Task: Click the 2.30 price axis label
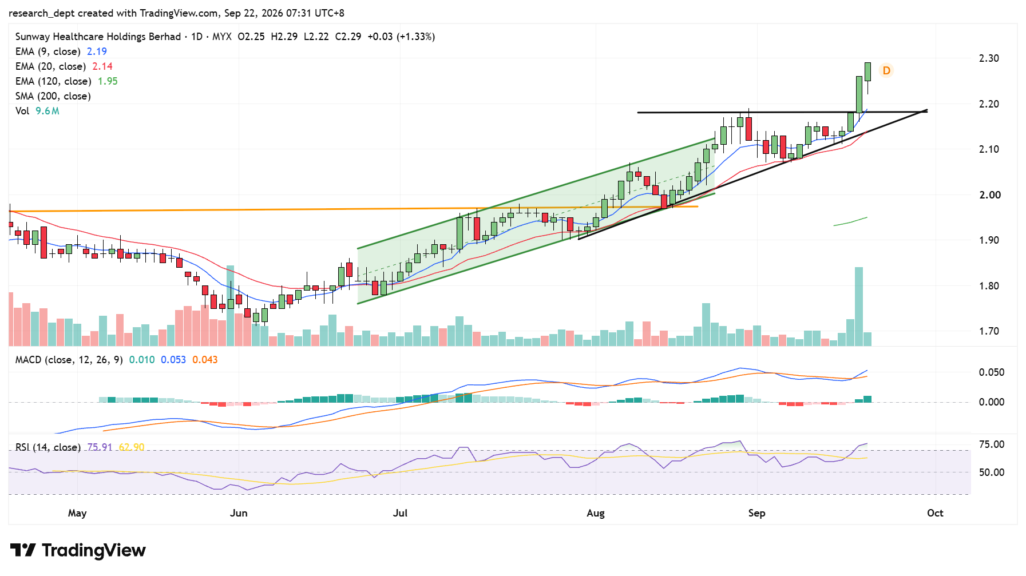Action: pyautogui.click(x=989, y=58)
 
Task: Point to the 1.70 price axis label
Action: pyautogui.click(x=989, y=331)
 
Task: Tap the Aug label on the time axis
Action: pyautogui.click(x=596, y=513)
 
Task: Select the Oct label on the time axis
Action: pyautogui.click(x=935, y=513)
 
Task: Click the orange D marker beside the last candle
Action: pyautogui.click(x=886, y=70)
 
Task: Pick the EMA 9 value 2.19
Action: pyautogui.click(x=97, y=51)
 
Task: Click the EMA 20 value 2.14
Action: pyautogui.click(x=102, y=66)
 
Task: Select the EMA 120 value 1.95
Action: pyautogui.click(x=108, y=81)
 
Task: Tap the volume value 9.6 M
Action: pyautogui.click(x=47, y=111)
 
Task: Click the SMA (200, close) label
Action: pyautogui.click(x=53, y=96)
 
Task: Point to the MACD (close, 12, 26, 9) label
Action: pyautogui.click(x=69, y=360)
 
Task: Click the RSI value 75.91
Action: pyautogui.click(x=100, y=447)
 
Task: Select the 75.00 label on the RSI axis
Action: pyautogui.click(x=992, y=444)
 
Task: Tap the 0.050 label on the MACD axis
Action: pyautogui.click(x=992, y=372)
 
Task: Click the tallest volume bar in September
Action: pyautogui.click(x=859, y=307)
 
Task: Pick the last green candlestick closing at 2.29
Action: pyautogui.click(x=867, y=72)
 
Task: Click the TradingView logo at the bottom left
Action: pyautogui.click(x=78, y=550)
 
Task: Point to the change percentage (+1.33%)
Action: pyautogui.click(x=416, y=37)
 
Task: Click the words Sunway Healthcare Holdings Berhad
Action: pyautogui.click(x=98, y=37)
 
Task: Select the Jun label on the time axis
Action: pyautogui.click(x=239, y=513)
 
